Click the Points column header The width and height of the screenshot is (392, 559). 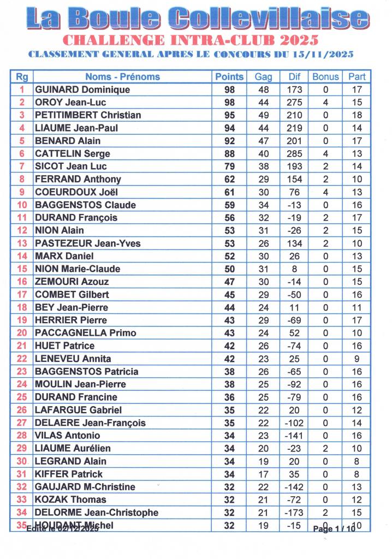click(229, 77)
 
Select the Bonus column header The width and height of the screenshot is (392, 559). click(326, 77)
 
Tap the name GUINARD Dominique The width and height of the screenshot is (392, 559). click(82, 90)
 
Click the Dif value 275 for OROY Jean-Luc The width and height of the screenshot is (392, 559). click(294, 103)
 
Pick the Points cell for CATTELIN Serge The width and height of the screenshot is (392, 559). click(229, 154)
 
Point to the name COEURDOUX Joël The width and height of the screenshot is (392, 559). click(76, 192)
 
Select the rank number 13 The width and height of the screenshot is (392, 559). click(22, 243)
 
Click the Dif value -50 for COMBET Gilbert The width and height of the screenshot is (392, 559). click(294, 295)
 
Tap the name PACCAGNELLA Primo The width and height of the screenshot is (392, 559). click(86, 333)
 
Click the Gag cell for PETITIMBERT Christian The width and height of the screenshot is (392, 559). click(264, 115)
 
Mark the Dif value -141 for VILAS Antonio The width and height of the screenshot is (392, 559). click(294, 436)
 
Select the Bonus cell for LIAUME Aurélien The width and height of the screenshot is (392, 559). click(326, 448)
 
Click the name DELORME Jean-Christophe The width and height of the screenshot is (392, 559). click(97, 513)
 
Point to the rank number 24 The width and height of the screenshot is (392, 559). click(22, 384)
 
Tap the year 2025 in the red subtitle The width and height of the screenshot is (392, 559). click(299, 40)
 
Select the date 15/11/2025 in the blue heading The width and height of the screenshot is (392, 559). click(323, 54)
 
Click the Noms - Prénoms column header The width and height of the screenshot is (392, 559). click(122, 77)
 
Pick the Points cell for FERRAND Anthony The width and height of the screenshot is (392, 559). click(229, 179)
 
